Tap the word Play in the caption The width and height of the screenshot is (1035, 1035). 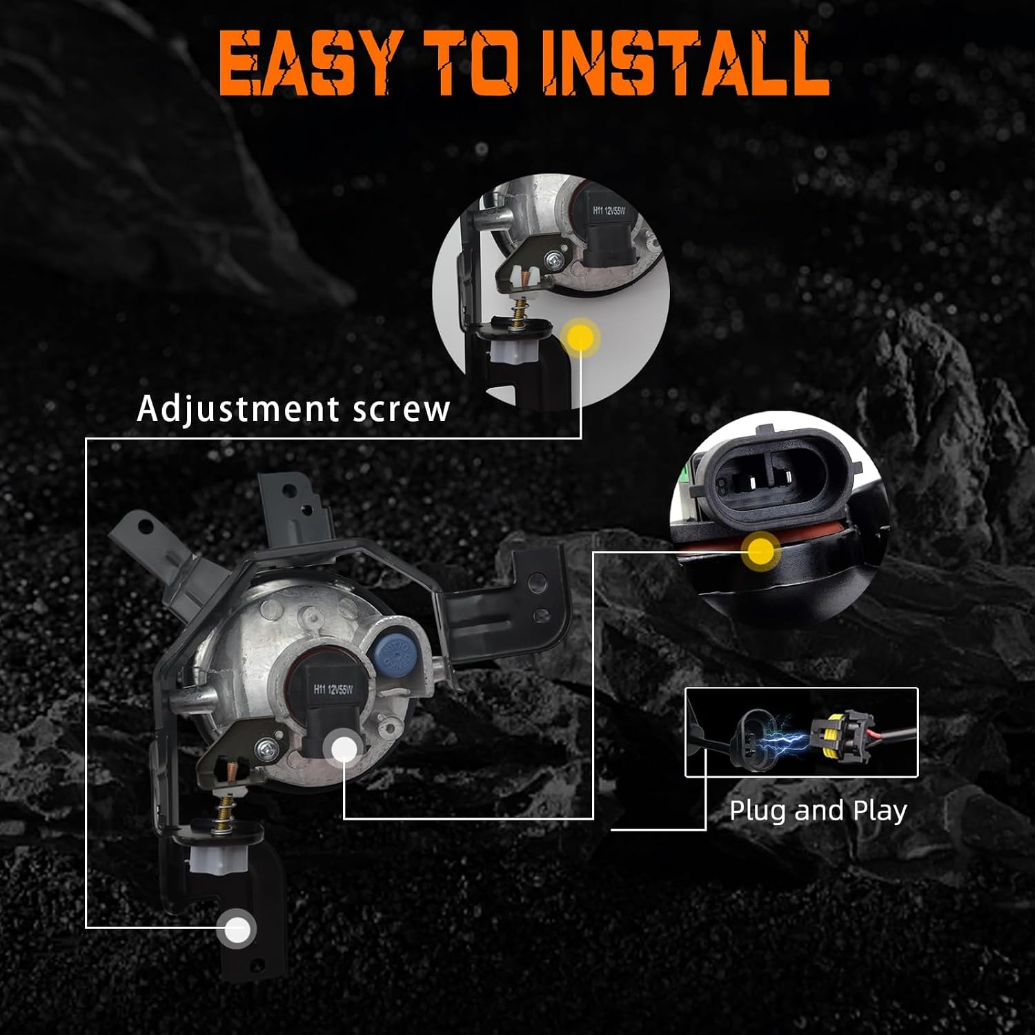[x=880, y=811]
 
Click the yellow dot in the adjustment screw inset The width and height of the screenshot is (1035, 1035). [x=581, y=337]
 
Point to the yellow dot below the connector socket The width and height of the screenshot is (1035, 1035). [x=761, y=551]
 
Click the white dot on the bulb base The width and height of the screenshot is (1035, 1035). [x=344, y=749]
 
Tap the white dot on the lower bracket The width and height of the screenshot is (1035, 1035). [x=237, y=930]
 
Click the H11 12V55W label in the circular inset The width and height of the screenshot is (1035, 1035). [x=609, y=210]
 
